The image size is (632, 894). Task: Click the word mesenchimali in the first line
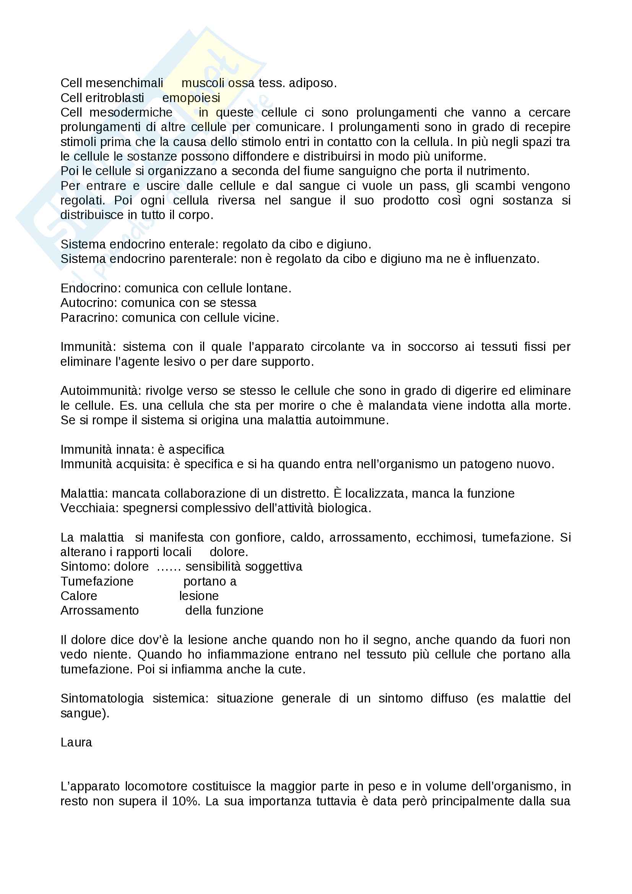[x=124, y=83]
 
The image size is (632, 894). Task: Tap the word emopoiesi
[x=191, y=98]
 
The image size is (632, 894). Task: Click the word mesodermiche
[x=131, y=112]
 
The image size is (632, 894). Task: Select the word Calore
[x=79, y=596]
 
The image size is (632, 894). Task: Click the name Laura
[x=76, y=743]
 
